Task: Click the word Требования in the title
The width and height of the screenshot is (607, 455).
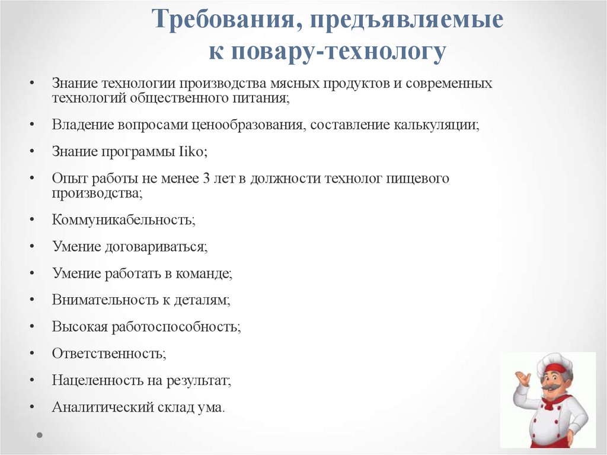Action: tap(222, 21)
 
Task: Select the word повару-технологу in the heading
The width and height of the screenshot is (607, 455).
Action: tap(337, 52)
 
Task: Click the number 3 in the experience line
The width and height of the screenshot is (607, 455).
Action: tap(206, 179)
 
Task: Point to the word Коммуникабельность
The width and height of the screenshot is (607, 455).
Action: tap(123, 219)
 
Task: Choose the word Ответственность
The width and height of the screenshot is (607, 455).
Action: tap(108, 354)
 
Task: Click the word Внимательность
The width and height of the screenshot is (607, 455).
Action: tap(105, 300)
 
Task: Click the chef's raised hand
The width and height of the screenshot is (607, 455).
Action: tap(522, 378)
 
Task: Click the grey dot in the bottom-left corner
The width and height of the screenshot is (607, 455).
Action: tap(40, 435)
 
